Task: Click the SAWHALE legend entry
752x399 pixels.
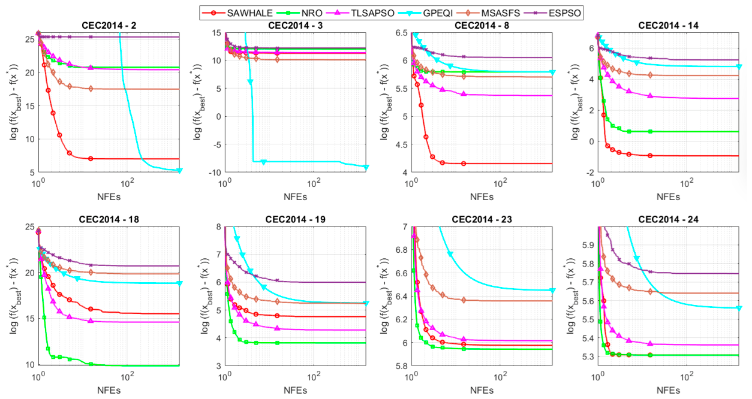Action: coord(237,13)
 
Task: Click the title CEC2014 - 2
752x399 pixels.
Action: coord(109,26)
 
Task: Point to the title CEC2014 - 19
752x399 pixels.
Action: coord(295,219)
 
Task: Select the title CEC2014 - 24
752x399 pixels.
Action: coord(668,219)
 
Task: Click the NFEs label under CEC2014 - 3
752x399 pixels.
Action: coord(295,197)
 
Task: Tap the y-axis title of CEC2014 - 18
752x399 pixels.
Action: coord(13,296)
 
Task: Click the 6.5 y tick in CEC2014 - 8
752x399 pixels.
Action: coord(401,33)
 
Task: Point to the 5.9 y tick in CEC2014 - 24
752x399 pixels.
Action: coord(588,245)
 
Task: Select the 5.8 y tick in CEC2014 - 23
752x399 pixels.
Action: coord(401,365)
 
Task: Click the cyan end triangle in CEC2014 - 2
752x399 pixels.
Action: coord(180,171)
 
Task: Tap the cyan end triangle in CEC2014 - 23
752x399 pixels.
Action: coord(552,291)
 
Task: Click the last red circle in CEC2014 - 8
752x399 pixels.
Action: coord(464,164)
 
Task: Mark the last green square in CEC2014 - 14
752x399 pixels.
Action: coord(650,131)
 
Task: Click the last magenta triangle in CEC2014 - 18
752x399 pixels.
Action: coord(91,321)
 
